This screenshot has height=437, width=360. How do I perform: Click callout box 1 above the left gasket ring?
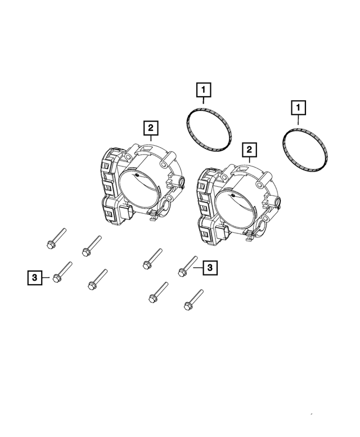coord(203,89)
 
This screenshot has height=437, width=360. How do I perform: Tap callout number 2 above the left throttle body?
coord(150,128)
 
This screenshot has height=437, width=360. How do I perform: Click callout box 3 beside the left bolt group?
coord(34,277)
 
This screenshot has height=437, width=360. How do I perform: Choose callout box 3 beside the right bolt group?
coord(209,268)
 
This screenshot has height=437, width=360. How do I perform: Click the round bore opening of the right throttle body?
coord(237,208)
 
